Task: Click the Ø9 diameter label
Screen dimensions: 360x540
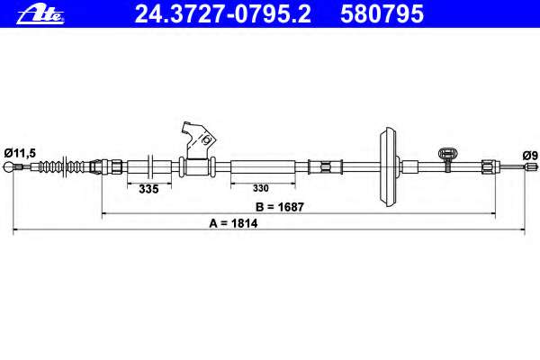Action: click(530, 154)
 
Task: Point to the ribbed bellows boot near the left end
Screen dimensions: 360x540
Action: click(63, 166)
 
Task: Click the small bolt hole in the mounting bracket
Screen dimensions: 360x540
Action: click(206, 140)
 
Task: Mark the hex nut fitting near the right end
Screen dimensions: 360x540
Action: click(485, 166)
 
